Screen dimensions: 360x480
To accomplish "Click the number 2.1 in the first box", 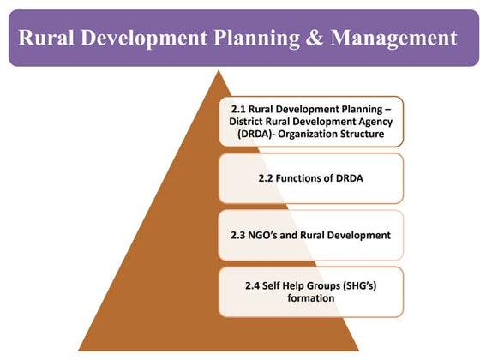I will (239, 109).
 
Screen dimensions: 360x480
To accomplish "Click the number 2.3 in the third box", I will (242, 234).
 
